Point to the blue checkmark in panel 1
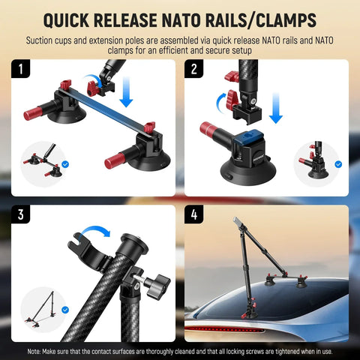[65, 163]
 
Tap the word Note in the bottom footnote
[35, 350]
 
